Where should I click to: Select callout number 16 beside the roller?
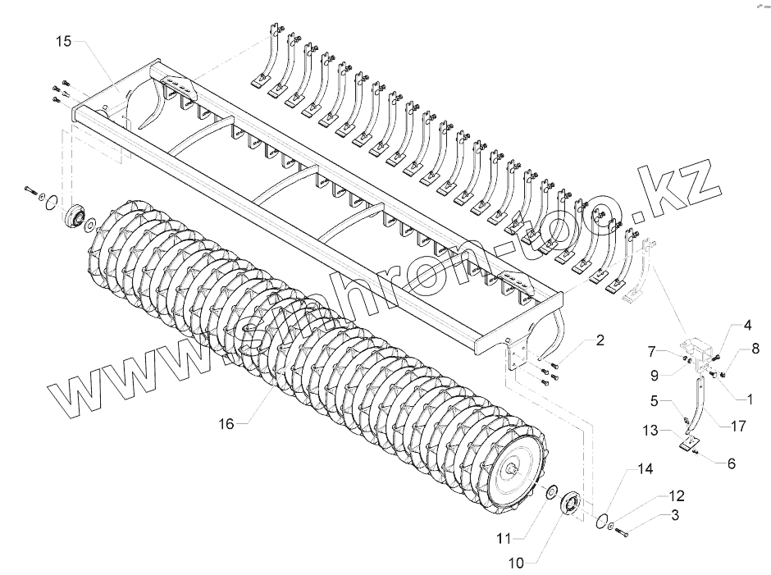click(x=227, y=423)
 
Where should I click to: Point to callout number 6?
click(x=731, y=463)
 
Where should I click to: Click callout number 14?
click(x=645, y=469)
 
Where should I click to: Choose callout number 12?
click(x=675, y=496)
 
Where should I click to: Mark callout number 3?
click(x=675, y=516)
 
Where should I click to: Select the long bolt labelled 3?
click(x=621, y=534)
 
